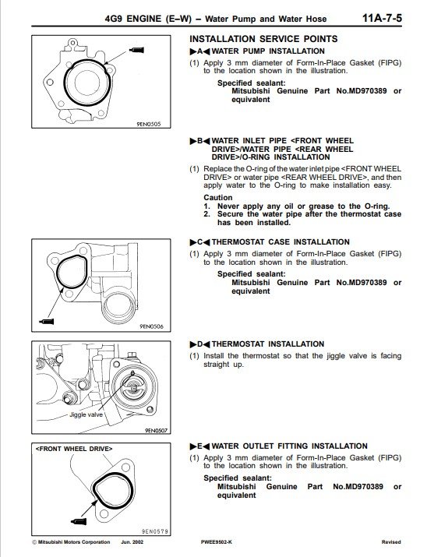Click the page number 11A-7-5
point(382,18)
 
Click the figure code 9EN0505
point(149,124)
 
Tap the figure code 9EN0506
point(151,326)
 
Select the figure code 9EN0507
point(156,430)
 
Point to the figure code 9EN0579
point(154,531)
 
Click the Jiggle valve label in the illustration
point(86,414)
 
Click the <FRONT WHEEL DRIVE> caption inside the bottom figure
point(74,449)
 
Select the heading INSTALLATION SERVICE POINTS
point(263,39)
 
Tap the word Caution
point(217,198)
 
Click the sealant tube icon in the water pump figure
point(137,50)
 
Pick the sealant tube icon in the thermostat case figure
point(47,322)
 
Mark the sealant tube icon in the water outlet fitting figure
point(79,521)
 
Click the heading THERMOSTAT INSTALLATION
point(268,344)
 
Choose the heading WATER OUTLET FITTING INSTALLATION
point(290,446)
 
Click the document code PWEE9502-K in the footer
point(216,542)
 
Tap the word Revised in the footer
point(391,542)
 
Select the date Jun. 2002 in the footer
point(132,542)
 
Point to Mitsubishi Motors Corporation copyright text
point(71,542)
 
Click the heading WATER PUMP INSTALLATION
point(268,51)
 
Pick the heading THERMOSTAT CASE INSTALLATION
point(281,242)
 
